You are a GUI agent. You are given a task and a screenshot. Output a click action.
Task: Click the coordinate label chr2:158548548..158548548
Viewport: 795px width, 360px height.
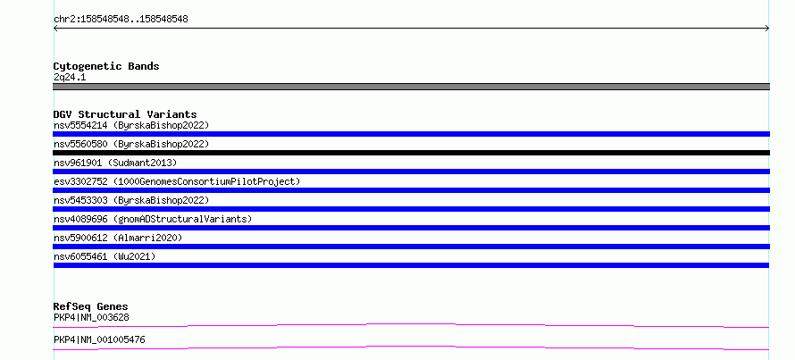[121, 20]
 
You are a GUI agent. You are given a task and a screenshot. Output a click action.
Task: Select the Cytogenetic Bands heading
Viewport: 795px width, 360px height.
[106, 66]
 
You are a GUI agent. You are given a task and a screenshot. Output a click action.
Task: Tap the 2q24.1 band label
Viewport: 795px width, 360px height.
[70, 77]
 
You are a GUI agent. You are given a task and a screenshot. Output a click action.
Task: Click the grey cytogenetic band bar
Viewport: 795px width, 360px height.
[411, 87]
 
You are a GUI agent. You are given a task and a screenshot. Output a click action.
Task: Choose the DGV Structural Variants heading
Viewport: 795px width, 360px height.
[125, 114]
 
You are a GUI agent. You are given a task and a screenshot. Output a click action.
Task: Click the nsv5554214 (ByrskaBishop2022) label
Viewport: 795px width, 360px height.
[131, 125]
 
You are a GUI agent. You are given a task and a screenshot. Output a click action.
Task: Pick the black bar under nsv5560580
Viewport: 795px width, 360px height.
[411, 153]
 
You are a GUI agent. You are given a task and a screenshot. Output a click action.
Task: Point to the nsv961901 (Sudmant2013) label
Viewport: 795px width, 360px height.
[115, 163]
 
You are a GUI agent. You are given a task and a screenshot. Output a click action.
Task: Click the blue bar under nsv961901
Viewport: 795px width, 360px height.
[411, 172]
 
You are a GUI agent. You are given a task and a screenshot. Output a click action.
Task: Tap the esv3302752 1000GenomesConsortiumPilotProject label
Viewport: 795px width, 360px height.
[177, 181]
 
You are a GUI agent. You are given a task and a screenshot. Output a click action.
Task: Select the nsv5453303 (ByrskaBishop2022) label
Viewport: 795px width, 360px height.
[131, 200]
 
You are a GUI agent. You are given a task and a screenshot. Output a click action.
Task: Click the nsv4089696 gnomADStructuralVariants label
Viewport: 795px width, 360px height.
[153, 219]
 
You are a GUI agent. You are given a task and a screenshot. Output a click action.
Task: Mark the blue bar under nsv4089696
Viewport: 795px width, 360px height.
[411, 228]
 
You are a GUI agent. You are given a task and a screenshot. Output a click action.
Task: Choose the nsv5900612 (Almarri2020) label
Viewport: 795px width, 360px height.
[118, 238]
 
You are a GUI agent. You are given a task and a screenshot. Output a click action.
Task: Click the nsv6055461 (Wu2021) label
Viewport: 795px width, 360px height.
[105, 256]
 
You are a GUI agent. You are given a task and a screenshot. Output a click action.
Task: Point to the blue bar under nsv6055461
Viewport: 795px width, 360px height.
[411, 265]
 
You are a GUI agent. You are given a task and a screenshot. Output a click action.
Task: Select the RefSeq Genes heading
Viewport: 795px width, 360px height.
[91, 306]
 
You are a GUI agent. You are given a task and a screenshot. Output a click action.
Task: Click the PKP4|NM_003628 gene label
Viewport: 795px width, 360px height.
[91, 318]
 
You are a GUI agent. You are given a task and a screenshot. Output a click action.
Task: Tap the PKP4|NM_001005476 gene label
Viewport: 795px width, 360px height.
[99, 339]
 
